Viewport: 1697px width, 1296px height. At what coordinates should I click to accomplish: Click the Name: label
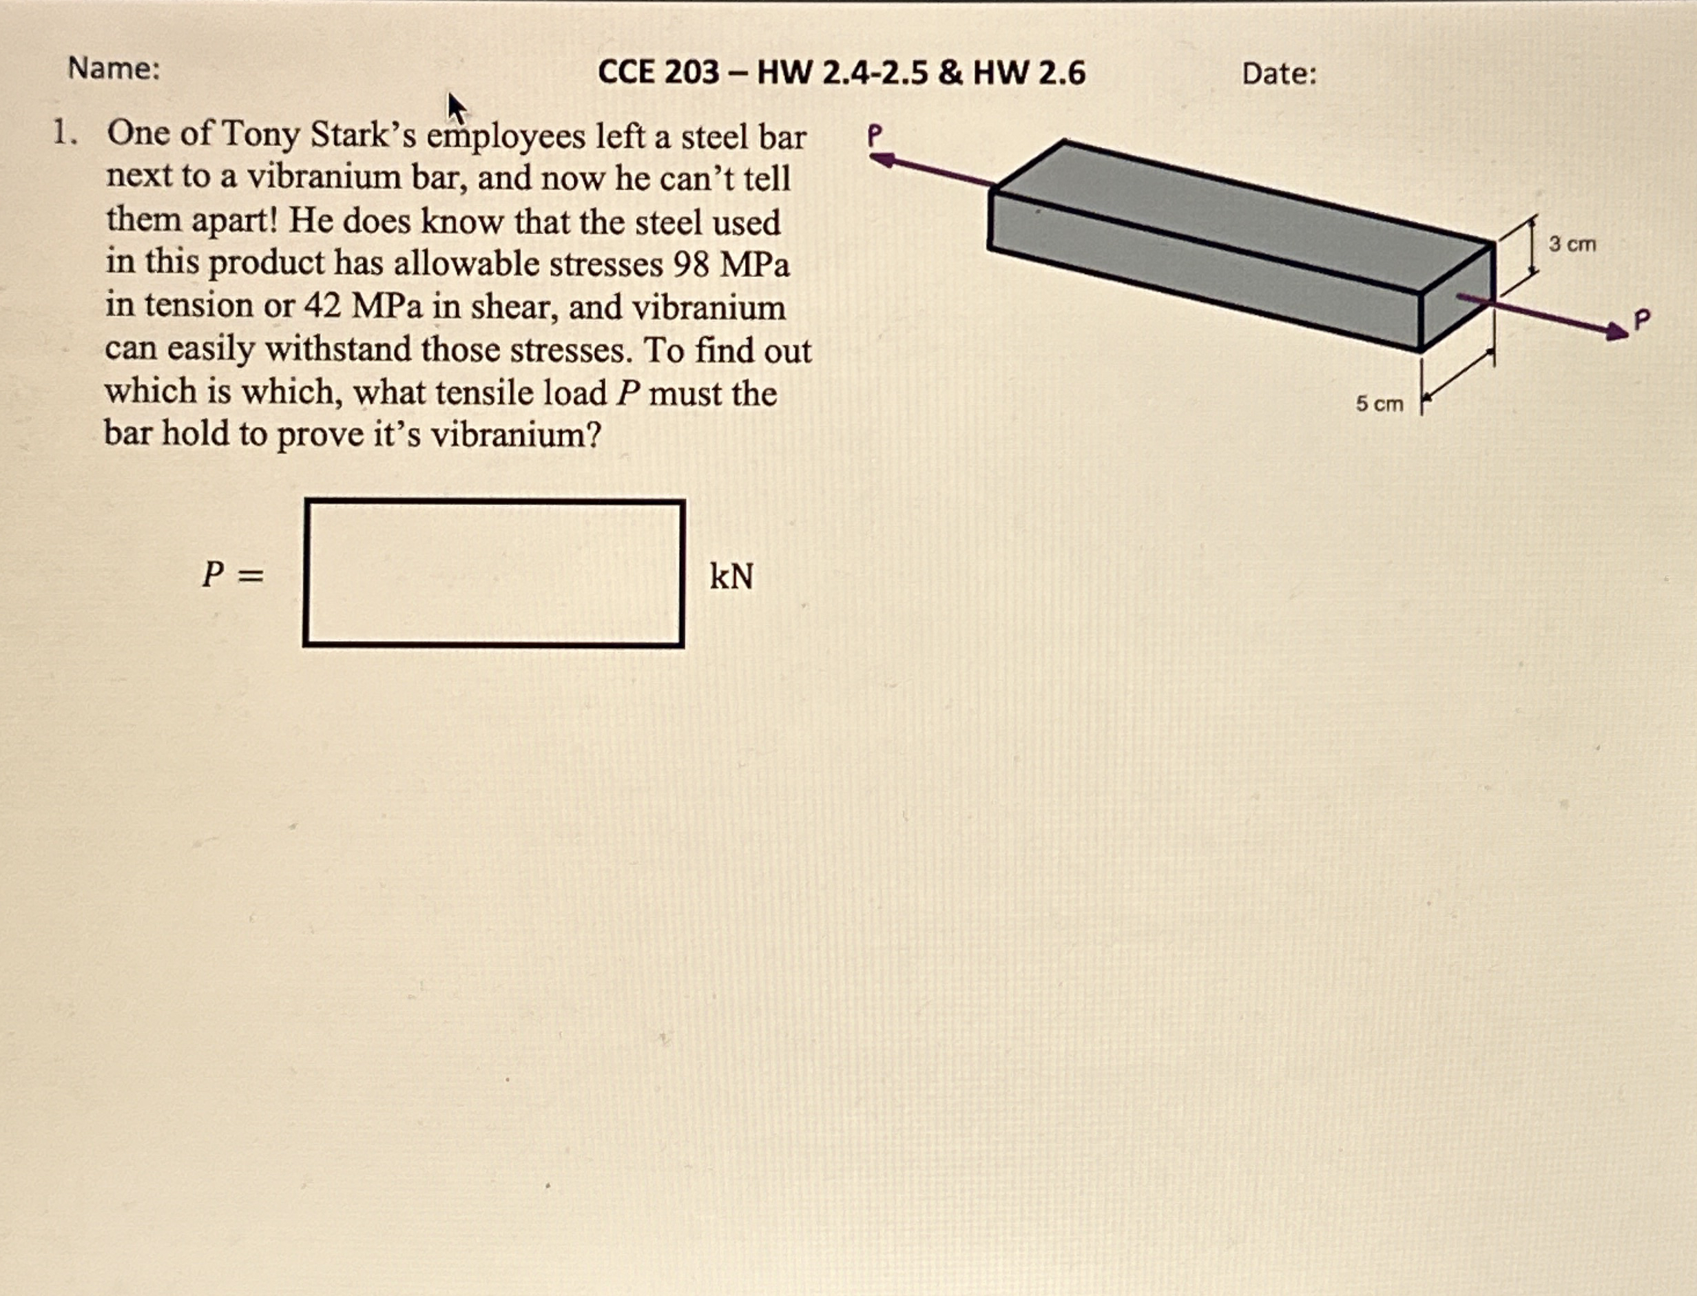click(114, 69)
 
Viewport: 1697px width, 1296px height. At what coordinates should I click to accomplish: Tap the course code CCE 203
click(658, 72)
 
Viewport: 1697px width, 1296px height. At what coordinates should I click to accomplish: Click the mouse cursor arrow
click(457, 108)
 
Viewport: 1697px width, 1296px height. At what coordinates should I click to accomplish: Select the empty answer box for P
click(494, 573)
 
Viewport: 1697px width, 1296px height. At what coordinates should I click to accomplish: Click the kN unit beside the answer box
click(731, 576)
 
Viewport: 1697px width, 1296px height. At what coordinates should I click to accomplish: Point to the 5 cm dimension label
click(1380, 404)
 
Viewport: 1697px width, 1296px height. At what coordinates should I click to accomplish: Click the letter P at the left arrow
click(874, 136)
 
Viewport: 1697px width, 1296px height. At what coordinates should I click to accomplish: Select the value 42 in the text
click(322, 306)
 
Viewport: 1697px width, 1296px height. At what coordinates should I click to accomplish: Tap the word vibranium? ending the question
click(515, 435)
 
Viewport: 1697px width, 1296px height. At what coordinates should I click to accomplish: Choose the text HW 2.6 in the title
click(1029, 72)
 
